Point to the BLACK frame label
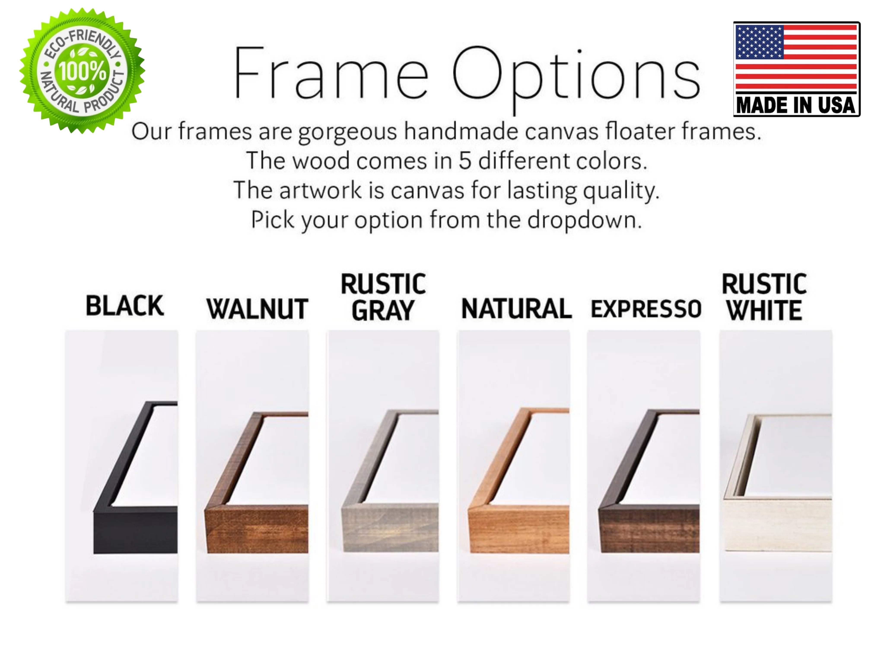(x=125, y=306)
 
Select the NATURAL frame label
(x=516, y=309)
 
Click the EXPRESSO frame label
(x=646, y=309)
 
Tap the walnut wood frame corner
(x=256, y=528)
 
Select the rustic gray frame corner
(x=390, y=528)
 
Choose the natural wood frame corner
(x=518, y=528)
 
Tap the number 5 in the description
(x=464, y=161)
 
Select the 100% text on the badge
(x=83, y=71)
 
